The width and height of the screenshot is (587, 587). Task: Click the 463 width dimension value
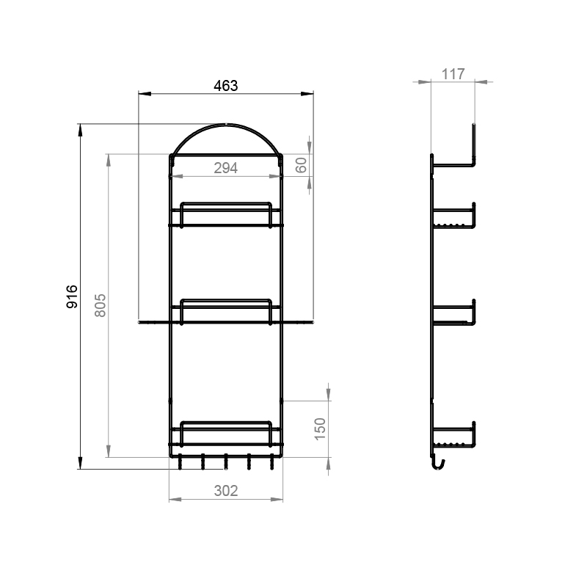click(226, 86)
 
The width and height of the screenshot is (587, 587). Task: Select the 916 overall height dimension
click(72, 296)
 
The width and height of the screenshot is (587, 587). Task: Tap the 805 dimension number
click(100, 305)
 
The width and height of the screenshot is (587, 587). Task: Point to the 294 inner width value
click(226, 168)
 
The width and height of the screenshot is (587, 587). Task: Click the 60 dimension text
click(301, 165)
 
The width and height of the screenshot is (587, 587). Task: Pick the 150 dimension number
click(320, 429)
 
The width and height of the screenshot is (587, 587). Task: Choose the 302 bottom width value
click(226, 491)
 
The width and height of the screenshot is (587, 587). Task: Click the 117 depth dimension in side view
click(453, 74)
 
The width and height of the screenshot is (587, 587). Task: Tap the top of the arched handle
click(226, 124)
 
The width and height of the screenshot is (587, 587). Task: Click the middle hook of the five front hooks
click(226, 462)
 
